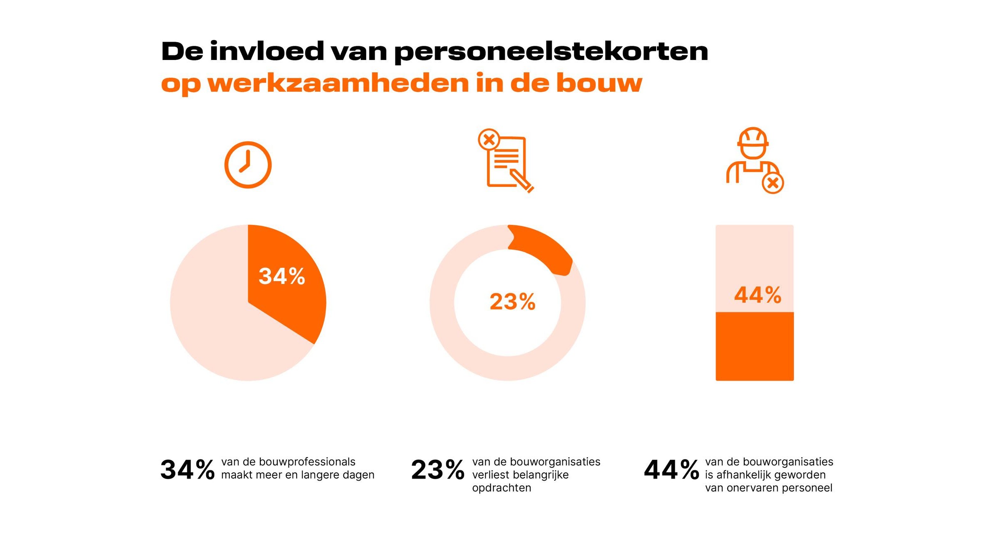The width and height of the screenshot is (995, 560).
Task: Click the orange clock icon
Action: [x=248, y=165]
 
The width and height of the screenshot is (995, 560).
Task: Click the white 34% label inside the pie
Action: [x=282, y=276]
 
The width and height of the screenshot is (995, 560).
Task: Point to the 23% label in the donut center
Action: [x=512, y=301]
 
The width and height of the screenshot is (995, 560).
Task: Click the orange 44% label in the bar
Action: [x=758, y=295]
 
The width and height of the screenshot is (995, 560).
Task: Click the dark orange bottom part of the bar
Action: [x=755, y=346]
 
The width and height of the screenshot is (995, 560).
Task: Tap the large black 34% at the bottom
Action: [x=187, y=470]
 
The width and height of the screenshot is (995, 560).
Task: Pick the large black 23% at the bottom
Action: [x=438, y=470]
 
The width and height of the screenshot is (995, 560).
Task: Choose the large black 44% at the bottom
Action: [x=671, y=470]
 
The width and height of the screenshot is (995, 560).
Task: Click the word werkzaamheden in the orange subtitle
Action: [x=338, y=83]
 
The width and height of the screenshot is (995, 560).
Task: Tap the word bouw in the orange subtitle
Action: [x=599, y=83]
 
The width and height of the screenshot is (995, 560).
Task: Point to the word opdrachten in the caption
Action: [x=502, y=488]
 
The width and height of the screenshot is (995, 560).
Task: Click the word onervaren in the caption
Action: [x=744, y=488]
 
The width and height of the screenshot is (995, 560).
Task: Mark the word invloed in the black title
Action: [x=267, y=51]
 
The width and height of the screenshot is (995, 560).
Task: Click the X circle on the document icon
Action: [x=489, y=140]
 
